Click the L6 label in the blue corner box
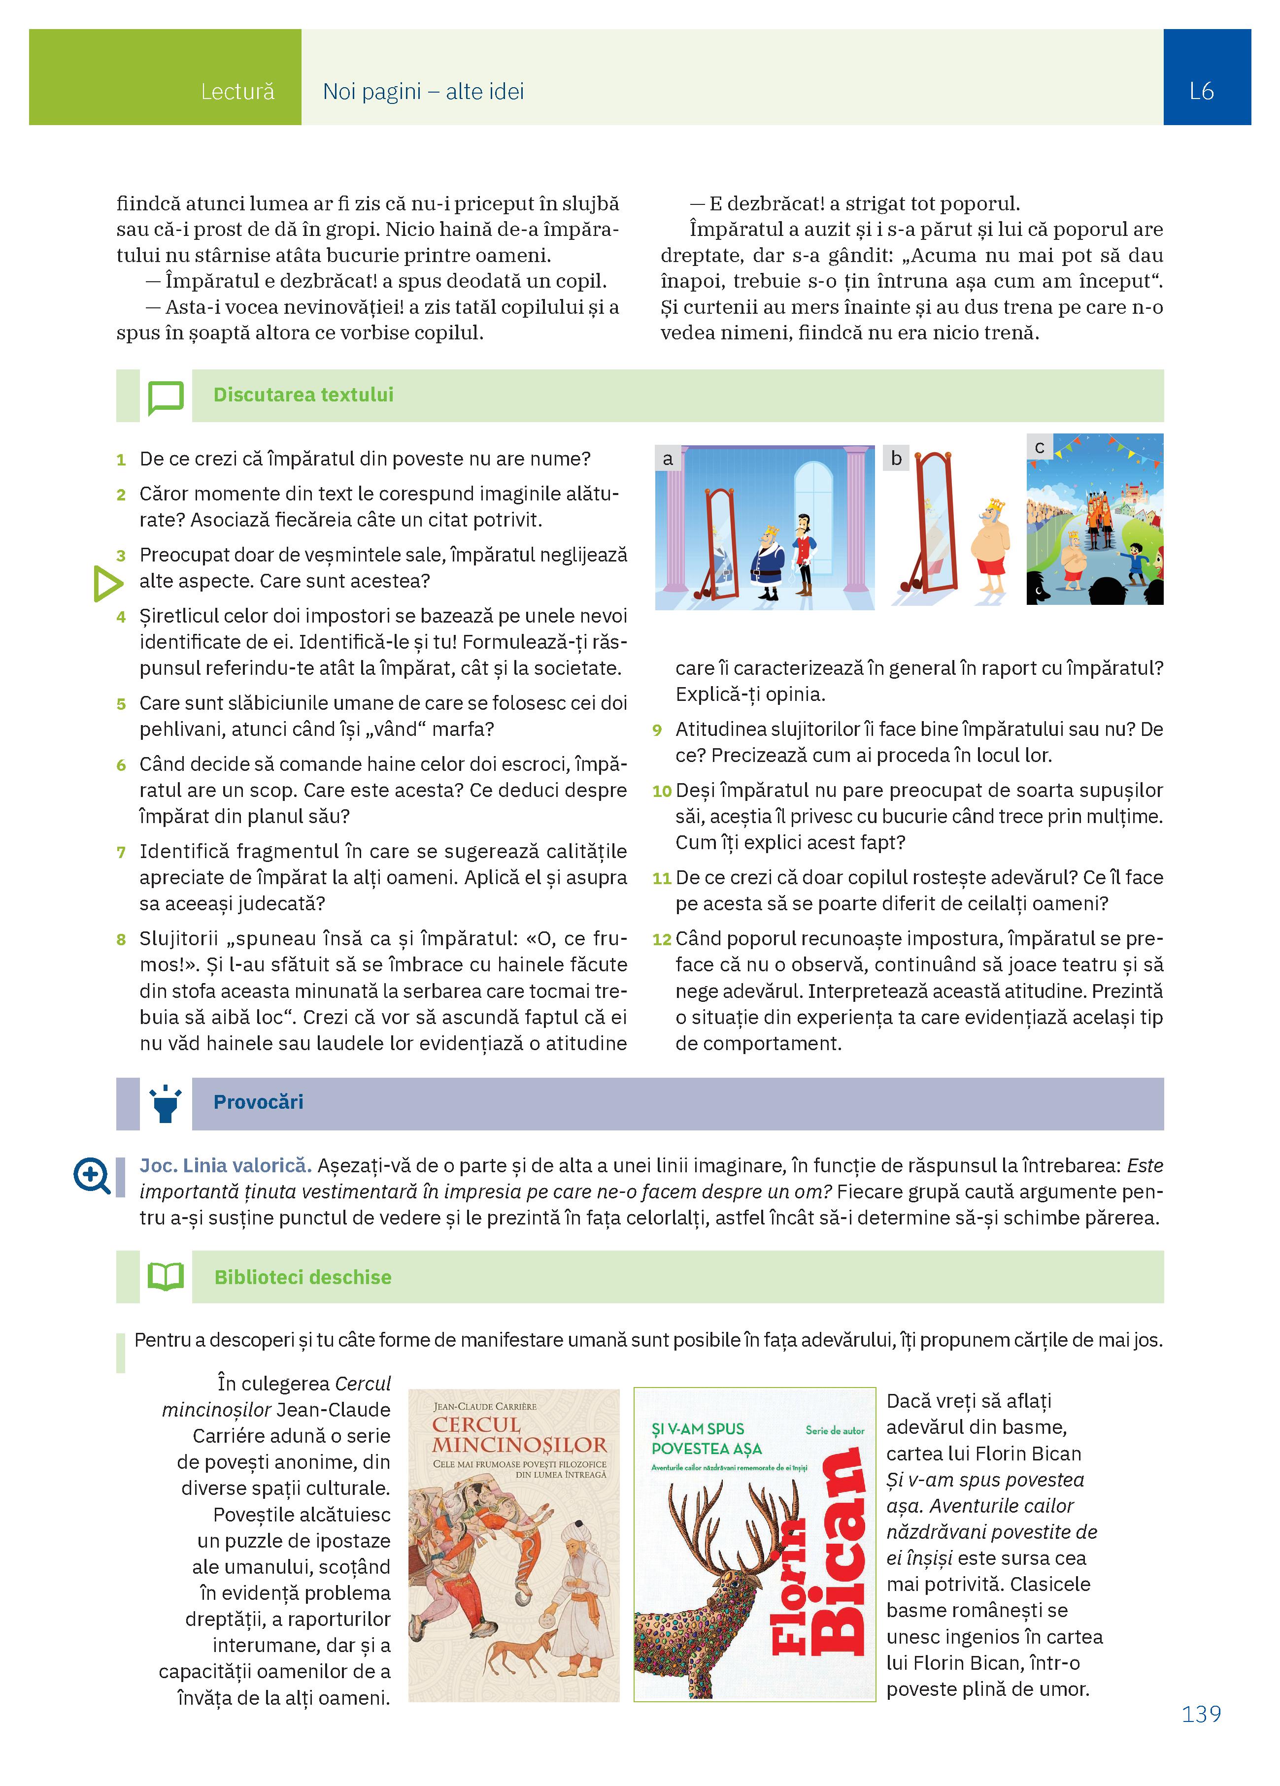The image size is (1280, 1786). pyautogui.click(x=1201, y=91)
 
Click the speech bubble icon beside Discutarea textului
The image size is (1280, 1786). pyautogui.click(x=166, y=397)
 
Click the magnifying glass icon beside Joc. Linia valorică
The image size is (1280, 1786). pyautogui.click(x=91, y=1176)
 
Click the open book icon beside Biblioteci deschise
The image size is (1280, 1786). pyautogui.click(x=166, y=1277)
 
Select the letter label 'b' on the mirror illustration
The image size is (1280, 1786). pyautogui.click(x=896, y=458)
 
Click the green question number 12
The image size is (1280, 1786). pyautogui.click(x=662, y=939)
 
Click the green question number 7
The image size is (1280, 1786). pyautogui.click(x=121, y=852)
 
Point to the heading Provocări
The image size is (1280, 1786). pyautogui.click(x=258, y=1102)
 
